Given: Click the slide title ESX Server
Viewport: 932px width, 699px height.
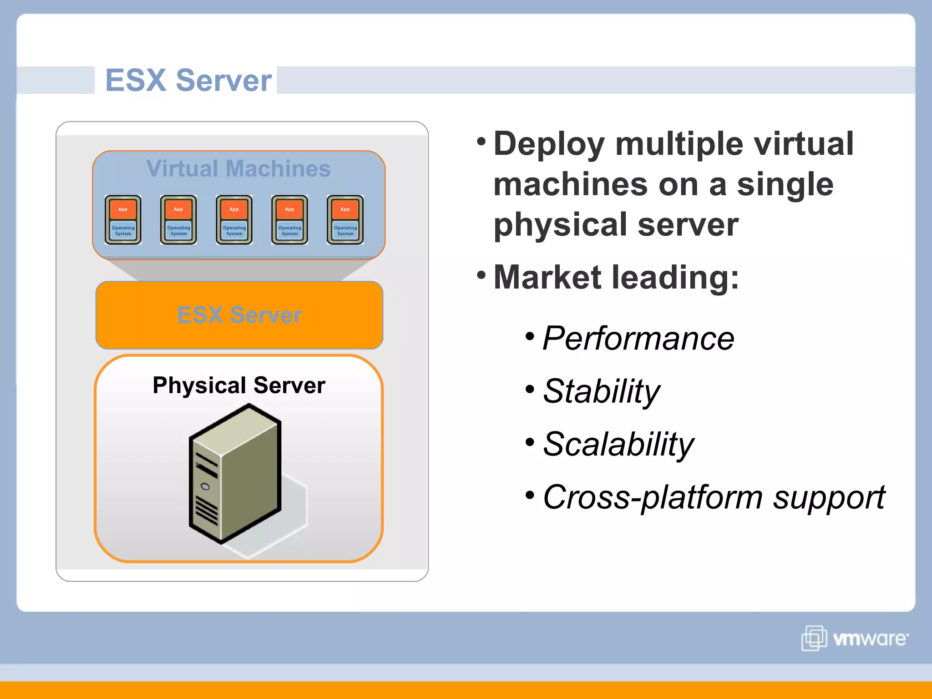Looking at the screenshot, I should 188,81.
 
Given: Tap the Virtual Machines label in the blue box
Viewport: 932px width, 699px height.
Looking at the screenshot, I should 238,169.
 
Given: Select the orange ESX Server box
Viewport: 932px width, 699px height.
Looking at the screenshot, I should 239,315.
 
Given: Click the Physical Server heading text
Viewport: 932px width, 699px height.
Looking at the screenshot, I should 239,385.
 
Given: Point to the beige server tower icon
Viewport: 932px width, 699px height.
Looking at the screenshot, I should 235,473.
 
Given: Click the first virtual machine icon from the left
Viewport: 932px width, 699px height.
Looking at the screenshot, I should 123,220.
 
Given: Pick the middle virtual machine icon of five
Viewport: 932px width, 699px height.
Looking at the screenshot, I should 234,220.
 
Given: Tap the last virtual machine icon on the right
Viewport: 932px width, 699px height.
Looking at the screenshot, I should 345,220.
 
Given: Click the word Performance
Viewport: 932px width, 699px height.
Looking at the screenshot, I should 638,339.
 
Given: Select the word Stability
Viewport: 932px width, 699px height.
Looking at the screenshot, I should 601,391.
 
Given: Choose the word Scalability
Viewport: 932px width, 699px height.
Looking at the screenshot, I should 618,444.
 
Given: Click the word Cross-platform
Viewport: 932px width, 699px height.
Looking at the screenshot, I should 653,497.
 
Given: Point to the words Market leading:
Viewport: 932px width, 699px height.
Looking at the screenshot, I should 616,277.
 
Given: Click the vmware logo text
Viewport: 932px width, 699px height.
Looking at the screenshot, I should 870,639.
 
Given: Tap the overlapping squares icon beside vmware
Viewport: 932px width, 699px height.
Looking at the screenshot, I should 814,638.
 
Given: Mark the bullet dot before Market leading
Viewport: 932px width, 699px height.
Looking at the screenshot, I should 481,275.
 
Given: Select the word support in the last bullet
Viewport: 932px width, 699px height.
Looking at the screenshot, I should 829,497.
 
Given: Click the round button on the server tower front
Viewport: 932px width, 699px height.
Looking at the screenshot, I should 205,487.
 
